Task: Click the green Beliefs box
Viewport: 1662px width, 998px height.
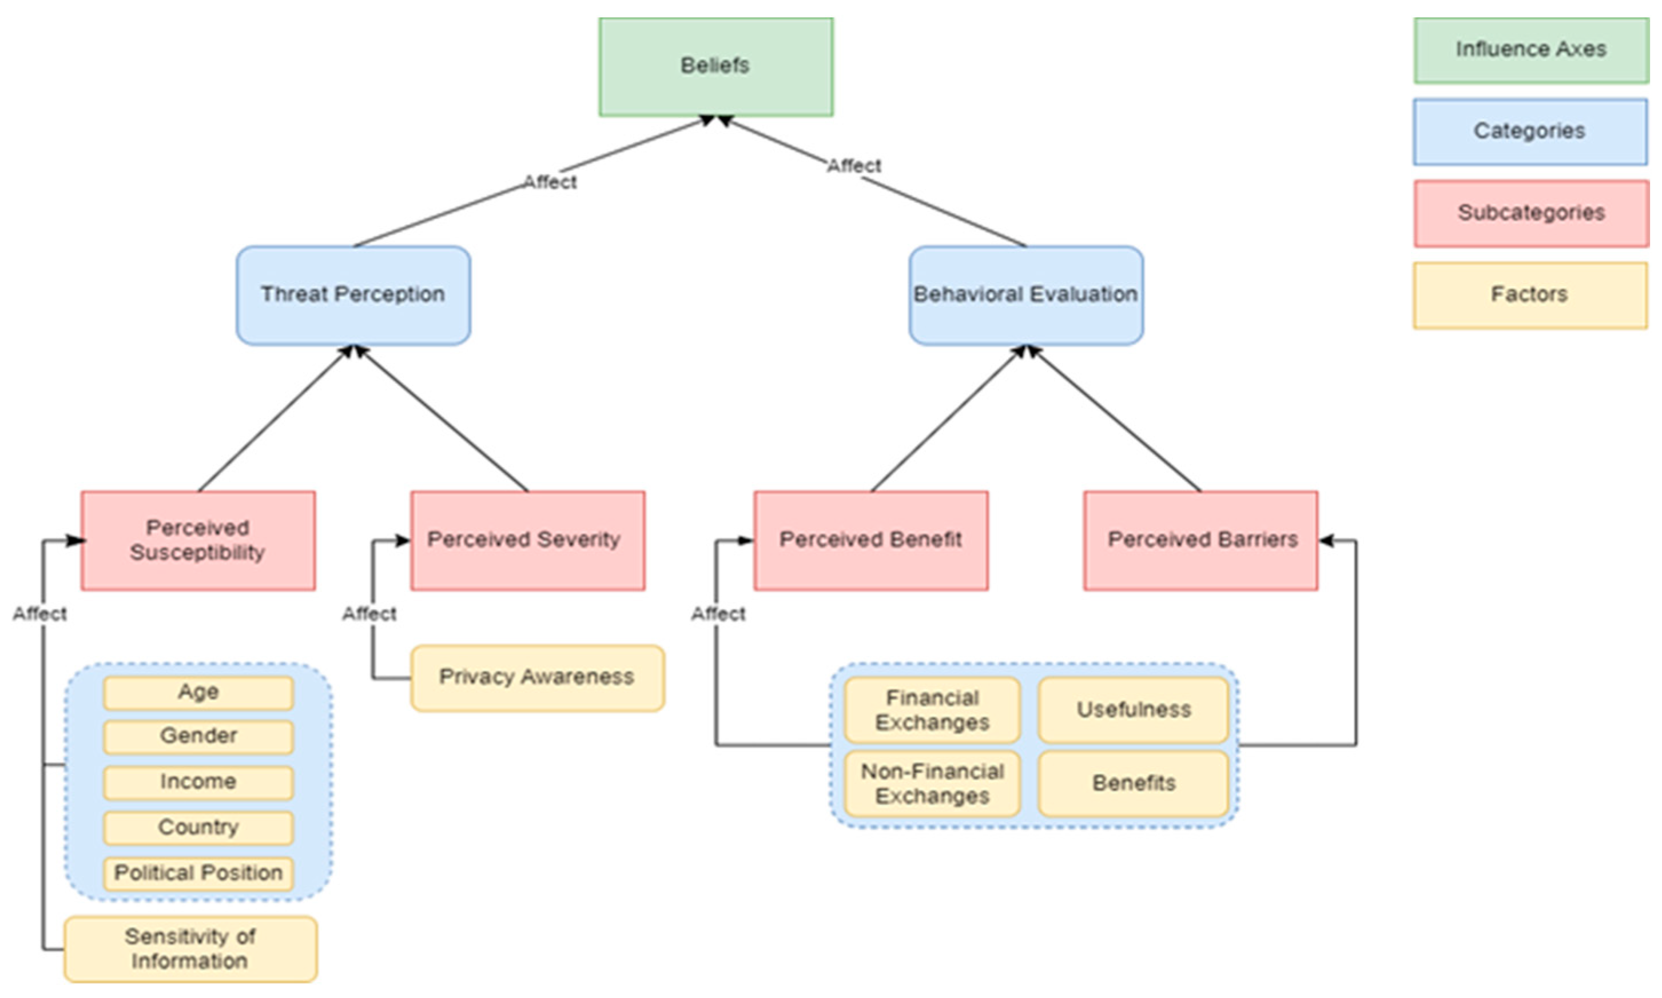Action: click(715, 66)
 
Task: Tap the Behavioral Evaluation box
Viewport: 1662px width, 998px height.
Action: click(1025, 296)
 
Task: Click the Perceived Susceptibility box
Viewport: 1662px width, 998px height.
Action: click(198, 540)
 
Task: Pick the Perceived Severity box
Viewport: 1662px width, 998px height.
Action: click(527, 540)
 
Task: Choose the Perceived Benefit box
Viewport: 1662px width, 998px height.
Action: click(870, 540)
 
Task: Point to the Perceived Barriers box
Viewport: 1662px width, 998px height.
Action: click(1200, 540)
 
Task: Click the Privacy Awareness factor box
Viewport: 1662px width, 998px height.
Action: click(537, 677)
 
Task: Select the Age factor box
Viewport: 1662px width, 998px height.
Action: click(198, 692)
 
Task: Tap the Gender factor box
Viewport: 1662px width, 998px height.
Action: click(198, 736)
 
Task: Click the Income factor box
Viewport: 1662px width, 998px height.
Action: click(198, 782)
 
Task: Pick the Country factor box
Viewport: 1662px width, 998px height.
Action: click(198, 827)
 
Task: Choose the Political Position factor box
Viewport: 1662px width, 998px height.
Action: click(198, 873)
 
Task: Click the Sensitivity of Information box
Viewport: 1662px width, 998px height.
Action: click(190, 948)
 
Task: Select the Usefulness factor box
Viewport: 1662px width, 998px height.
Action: click(1133, 709)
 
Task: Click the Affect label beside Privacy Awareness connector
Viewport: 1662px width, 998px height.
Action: click(369, 613)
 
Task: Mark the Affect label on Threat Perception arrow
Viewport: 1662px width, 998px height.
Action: click(550, 182)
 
